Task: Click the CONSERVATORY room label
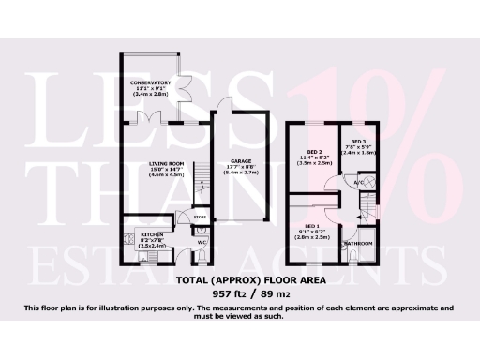[x=151, y=82]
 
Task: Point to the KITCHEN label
[x=152, y=234]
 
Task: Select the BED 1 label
[x=310, y=225]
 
